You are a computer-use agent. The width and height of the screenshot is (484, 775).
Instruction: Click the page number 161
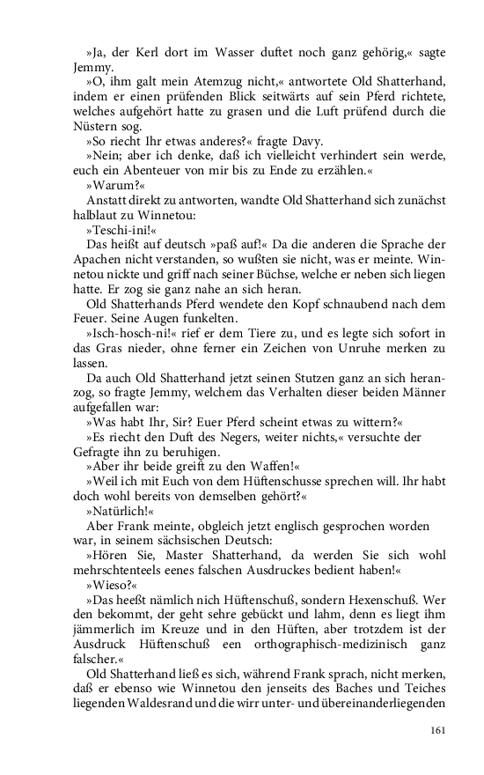click(x=439, y=729)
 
